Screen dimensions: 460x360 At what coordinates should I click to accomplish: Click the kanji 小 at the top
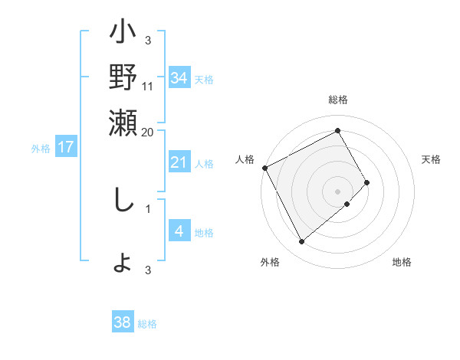point(123,35)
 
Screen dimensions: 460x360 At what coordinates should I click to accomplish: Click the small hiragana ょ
point(123,263)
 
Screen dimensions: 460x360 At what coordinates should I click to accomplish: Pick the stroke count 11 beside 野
point(148,86)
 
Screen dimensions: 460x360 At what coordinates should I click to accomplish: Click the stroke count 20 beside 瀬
point(148,131)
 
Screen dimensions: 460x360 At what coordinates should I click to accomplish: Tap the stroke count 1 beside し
point(148,207)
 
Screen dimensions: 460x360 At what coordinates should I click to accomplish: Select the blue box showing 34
point(179,77)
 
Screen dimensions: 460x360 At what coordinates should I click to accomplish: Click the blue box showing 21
point(179,162)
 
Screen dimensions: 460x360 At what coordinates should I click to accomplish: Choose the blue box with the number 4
point(179,231)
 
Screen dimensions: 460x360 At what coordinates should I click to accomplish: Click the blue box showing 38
point(123,322)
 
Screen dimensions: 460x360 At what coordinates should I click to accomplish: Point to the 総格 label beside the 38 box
point(147,324)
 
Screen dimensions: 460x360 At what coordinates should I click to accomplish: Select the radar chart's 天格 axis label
point(432,159)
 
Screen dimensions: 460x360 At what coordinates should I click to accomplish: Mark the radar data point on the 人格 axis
point(264,167)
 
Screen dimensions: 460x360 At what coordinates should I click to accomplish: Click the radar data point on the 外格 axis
point(301,241)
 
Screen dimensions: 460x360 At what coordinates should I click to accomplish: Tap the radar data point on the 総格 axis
point(338,130)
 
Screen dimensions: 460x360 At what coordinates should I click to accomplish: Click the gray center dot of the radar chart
point(338,191)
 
